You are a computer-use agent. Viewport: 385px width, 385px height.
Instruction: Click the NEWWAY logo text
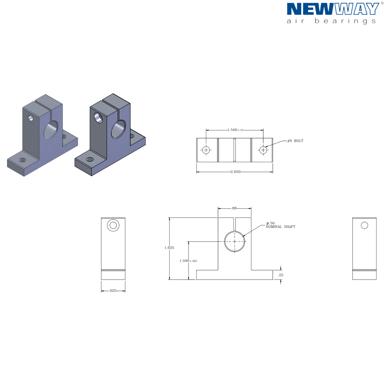click(x=333, y=9)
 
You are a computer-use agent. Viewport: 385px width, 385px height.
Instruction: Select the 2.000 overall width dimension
click(x=235, y=172)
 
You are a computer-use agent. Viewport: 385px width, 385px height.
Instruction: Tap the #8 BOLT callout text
click(x=295, y=141)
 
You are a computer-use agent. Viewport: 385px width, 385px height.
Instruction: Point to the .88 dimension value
click(x=234, y=208)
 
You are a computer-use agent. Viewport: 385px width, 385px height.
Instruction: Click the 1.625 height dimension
click(x=169, y=248)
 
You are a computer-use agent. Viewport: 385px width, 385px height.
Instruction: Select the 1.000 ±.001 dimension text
click(x=188, y=261)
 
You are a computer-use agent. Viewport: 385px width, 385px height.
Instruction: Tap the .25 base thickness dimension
click(x=281, y=275)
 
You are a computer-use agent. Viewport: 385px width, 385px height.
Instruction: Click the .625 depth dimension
click(x=113, y=291)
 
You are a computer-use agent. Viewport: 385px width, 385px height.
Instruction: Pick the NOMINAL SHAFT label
click(x=280, y=227)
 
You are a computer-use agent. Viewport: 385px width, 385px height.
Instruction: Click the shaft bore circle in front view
click(x=235, y=241)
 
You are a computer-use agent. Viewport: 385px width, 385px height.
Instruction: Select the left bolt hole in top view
click(x=206, y=150)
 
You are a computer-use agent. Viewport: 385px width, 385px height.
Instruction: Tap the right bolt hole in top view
click(x=263, y=150)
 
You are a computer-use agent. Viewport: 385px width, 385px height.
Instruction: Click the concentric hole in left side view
click(x=113, y=225)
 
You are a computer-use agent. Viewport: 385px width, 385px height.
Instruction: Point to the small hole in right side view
click(x=364, y=225)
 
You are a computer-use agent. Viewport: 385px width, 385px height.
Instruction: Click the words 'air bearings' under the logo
click(x=331, y=21)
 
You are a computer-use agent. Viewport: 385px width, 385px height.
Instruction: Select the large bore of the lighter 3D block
click(x=51, y=130)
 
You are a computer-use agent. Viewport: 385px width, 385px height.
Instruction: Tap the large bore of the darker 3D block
click(x=118, y=129)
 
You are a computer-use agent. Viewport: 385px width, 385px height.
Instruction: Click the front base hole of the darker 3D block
click(x=90, y=159)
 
